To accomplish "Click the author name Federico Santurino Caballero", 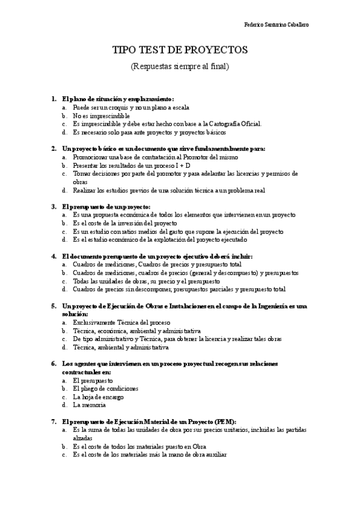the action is pyautogui.click(x=277, y=25).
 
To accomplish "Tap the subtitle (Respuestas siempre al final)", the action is pyautogui.click(x=180, y=66).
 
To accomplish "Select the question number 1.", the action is pyautogui.click(x=53, y=99).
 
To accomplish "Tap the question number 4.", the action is pyautogui.click(x=53, y=256).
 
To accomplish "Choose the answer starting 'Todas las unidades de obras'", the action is pyautogui.click(x=146, y=281).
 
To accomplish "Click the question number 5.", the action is pyautogui.click(x=53, y=306).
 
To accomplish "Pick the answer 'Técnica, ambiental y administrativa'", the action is pyautogui.click(x=121, y=347).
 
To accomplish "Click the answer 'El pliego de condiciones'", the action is pyautogui.click(x=105, y=389).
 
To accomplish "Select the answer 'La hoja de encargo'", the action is pyautogui.click(x=98, y=397).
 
